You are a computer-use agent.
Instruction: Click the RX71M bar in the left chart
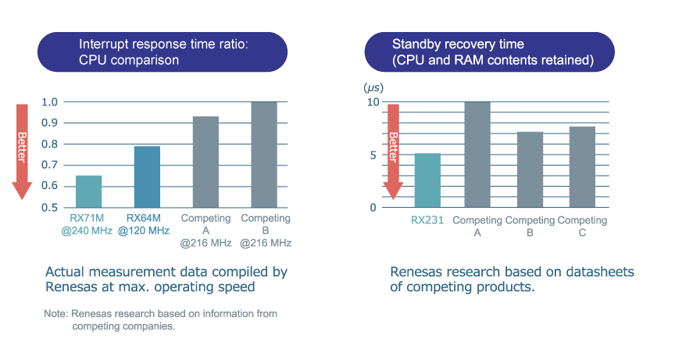click(x=88, y=191)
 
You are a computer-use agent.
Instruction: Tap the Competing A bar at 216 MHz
click(x=205, y=162)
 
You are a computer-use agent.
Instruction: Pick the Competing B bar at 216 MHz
click(x=264, y=155)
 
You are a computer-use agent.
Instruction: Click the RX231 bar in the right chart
click(x=427, y=180)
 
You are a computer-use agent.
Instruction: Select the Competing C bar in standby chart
click(x=583, y=166)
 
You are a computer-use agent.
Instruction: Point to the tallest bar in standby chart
click(x=477, y=155)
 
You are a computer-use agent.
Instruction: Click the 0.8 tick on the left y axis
click(x=49, y=144)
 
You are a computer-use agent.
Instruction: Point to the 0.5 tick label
click(x=49, y=208)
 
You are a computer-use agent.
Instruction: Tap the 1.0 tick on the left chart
click(x=49, y=102)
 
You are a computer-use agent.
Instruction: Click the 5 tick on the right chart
click(x=373, y=155)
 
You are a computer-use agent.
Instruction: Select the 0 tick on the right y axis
click(x=373, y=208)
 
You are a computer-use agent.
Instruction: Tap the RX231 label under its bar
click(x=427, y=220)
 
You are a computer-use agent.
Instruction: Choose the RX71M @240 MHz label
click(x=88, y=224)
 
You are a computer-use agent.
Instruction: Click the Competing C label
click(x=583, y=226)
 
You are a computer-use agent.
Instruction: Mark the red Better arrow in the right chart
click(x=393, y=148)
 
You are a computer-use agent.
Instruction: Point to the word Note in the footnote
click(x=56, y=314)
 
